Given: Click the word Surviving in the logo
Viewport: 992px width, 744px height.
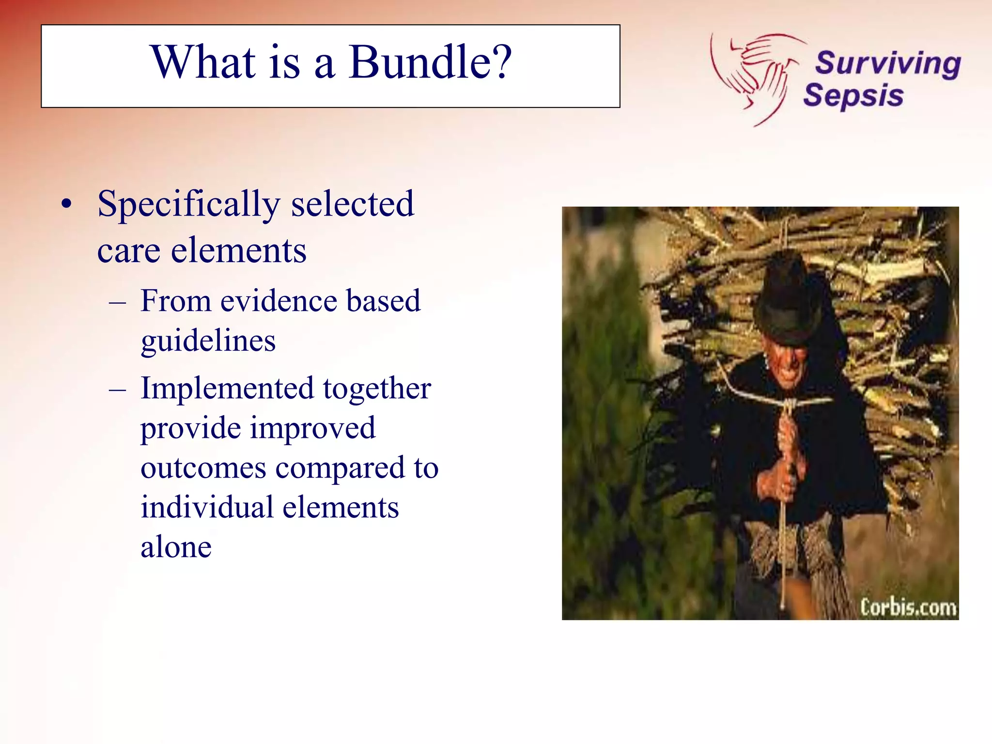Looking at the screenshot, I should click(x=887, y=63).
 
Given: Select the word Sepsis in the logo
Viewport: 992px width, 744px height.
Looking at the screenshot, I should click(x=853, y=95).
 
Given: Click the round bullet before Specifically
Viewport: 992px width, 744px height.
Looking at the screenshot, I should click(x=66, y=204).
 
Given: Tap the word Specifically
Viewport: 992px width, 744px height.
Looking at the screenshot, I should click(x=188, y=204).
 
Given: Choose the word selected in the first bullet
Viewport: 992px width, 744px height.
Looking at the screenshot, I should click(x=352, y=204).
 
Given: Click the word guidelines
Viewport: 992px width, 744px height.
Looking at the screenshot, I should click(x=208, y=341).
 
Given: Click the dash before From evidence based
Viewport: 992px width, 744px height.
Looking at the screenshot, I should click(x=118, y=303).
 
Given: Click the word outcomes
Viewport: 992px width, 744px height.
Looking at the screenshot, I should click(x=203, y=468).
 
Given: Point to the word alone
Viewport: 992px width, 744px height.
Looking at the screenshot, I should click(x=176, y=547).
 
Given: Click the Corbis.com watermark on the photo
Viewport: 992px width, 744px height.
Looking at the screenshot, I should click(x=908, y=607).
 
